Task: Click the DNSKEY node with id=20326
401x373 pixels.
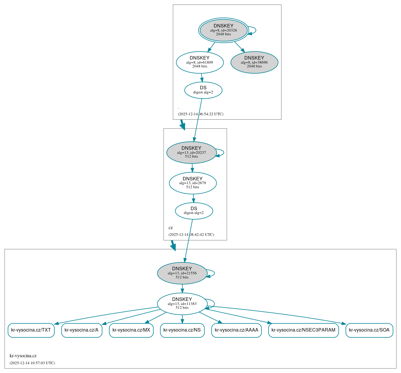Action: click(x=224, y=30)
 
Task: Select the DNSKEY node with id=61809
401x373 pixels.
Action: click(x=200, y=62)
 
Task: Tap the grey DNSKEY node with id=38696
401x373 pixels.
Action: click(x=254, y=62)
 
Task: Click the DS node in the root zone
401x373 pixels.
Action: click(x=203, y=90)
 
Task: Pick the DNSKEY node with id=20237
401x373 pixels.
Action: click(x=191, y=152)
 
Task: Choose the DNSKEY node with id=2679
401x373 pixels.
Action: click(x=193, y=183)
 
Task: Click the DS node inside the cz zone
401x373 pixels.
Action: click(x=194, y=211)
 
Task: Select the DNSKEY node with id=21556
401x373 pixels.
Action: click(x=182, y=273)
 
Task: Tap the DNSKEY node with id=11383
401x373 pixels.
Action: click(x=182, y=304)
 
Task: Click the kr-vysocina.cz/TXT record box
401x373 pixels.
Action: click(x=31, y=330)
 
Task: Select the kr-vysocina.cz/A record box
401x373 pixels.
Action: click(x=82, y=330)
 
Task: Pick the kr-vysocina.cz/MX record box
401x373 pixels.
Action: click(x=131, y=330)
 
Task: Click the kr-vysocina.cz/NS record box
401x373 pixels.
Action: click(x=182, y=330)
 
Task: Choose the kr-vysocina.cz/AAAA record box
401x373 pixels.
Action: click(x=236, y=330)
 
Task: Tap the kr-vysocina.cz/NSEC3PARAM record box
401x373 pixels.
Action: click(x=303, y=330)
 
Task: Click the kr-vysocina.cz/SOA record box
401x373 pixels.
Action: click(x=369, y=330)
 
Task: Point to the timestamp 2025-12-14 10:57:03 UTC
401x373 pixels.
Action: click(x=32, y=363)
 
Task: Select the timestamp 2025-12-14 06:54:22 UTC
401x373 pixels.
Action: click(x=200, y=114)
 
